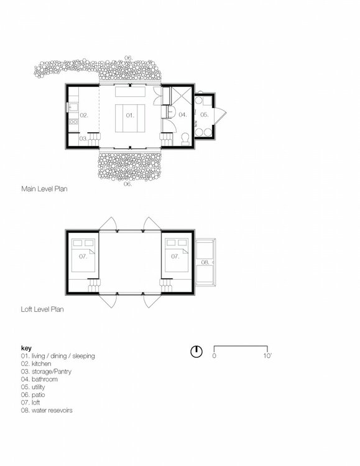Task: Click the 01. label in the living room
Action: [x=130, y=116]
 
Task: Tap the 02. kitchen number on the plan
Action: [x=84, y=116]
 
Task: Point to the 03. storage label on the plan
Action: [x=83, y=139]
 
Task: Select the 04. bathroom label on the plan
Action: [x=183, y=115]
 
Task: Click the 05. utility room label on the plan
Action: [x=205, y=114]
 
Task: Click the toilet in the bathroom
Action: [x=185, y=138]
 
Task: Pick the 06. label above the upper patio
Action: [x=128, y=58]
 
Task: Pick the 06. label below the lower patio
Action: [x=128, y=185]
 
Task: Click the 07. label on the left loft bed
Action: [x=83, y=256]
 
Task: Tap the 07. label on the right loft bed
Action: [x=175, y=256]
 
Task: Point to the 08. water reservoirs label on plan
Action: [x=205, y=262]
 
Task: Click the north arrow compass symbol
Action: [x=196, y=351]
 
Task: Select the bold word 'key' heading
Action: [x=26, y=348]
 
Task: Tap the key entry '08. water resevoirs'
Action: [x=47, y=410]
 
